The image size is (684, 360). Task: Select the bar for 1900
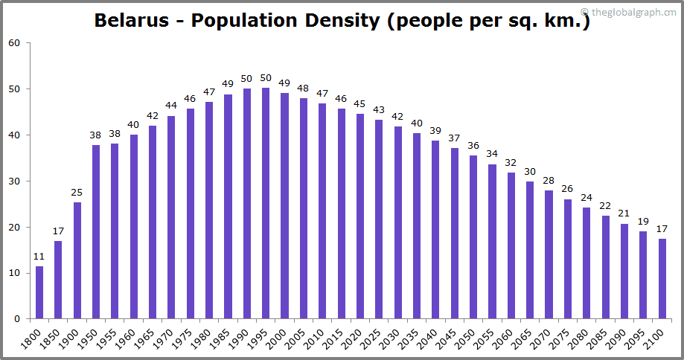pyautogui.click(x=77, y=260)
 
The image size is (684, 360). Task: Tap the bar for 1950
pyautogui.click(x=96, y=231)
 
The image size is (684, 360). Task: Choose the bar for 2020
pyautogui.click(x=359, y=216)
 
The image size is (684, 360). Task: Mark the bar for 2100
pyautogui.click(x=662, y=278)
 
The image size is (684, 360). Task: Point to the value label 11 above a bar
pyautogui.click(x=39, y=257)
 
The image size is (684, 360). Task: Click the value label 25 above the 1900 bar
pyautogui.click(x=77, y=193)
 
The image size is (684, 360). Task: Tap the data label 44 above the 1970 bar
pyautogui.click(x=171, y=106)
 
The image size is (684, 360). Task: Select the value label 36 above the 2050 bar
pyautogui.click(x=473, y=145)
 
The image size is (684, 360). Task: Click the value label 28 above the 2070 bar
pyautogui.click(x=549, y=181)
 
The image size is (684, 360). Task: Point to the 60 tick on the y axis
pyautogui.click(x=14, y=43)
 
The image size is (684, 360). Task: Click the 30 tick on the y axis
pyautogui.click(x=14, y=181)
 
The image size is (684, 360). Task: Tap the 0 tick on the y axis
pyautogui.click(x=17, y=319)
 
